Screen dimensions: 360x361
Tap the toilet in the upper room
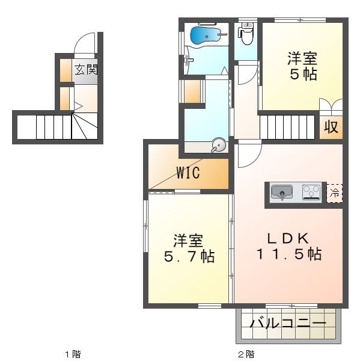[x=246, y=34]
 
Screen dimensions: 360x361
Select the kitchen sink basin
[x=281, y=192]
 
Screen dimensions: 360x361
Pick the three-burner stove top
[x=311, y=192]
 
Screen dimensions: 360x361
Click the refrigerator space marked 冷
[x=335, y=193]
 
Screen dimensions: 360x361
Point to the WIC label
[x=188, y=173]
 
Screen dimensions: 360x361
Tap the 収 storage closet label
[x=331, y=126]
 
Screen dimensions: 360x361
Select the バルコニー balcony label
[x=288, y=324]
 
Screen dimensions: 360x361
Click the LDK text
[x=288, y=238]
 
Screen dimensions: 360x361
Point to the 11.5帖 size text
[x=289, y=254]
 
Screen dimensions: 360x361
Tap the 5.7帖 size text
[x=189, y=256]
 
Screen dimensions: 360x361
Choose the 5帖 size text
[x=303, y=74]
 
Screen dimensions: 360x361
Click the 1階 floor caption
[x=73, y=354]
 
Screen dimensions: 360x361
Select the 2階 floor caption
[x=246, y=354]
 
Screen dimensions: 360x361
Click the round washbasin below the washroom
[x=218, y=146]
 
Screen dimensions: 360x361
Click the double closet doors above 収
[x=331, y=105]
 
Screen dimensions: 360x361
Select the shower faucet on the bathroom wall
[x=188, y=60]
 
